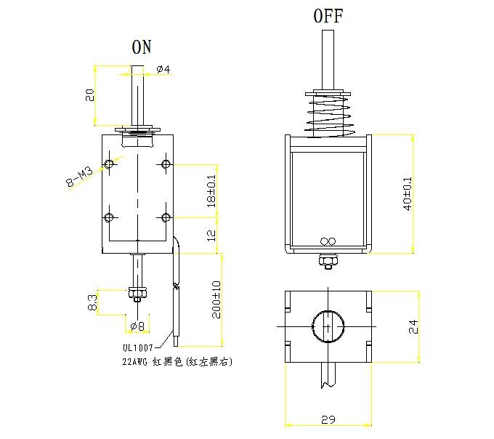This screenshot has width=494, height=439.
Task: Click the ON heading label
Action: [x=142, y=47]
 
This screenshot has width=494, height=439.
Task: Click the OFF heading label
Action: [x=328, y=16]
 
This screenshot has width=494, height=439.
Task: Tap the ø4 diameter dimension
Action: [x=163, y=69]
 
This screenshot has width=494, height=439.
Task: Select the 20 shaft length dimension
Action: [x=89, y=95]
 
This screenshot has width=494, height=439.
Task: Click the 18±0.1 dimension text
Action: [x=211, y=190]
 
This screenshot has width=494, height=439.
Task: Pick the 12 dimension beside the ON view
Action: [x=211, y=235]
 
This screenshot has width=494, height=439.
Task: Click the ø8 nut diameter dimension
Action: [x=136, y=325]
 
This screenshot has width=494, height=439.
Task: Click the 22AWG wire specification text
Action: [x=178, y=361]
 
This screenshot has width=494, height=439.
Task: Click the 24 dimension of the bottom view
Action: [x=413, y=326]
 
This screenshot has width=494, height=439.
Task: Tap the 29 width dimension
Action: [x=329, y=420]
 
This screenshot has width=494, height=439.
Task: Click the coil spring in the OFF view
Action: [x=328, y=116]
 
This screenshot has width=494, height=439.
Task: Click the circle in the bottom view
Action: [x=329, y=327]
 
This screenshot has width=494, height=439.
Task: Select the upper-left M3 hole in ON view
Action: [x=110, y=163]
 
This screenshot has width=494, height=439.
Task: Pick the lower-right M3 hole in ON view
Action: [x=166, y=217]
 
